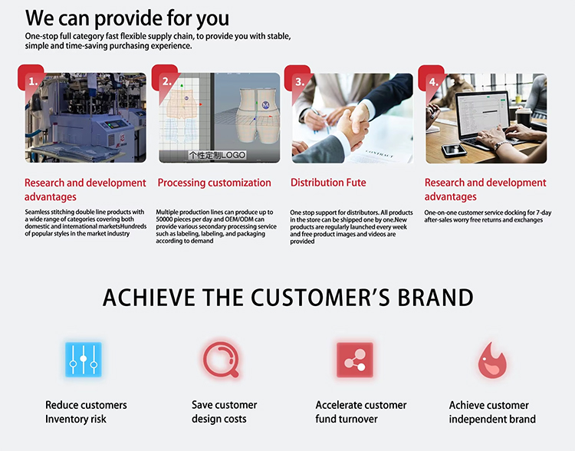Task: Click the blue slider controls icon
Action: pos(84,359)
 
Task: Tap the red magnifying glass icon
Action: pos(221,360)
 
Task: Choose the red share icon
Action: pos(355,360)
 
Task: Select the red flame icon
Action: pos(492,360)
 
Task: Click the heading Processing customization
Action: pos(214,183)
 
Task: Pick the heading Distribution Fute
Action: pos(328,183)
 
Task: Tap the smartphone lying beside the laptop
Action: pos(454,150)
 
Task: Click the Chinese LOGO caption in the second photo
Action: pos(217,155)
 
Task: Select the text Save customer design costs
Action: pos(224,412)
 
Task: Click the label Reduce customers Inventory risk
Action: pos(86,412)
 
